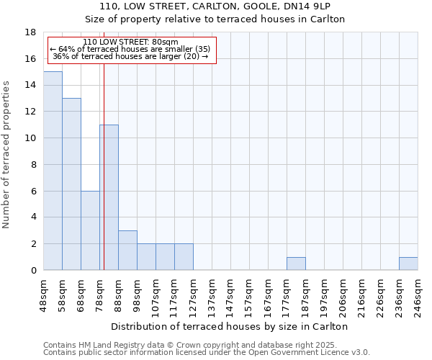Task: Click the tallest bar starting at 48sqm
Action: (53, 171)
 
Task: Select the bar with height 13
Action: (71, 184)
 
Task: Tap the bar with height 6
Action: (90, 230)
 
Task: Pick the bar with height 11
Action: (109, 197)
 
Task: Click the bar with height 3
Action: (127, 251)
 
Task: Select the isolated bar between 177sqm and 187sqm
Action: (296, 264)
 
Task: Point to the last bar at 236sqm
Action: (408, 264)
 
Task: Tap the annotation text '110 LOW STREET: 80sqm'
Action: (130, 42)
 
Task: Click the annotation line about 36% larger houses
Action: (130, 56)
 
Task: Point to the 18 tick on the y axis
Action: (30, 32)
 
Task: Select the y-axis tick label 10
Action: (30, 138)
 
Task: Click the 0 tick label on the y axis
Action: (33, 271)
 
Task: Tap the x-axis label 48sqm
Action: (44, 294)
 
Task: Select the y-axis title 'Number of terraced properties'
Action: (6, 154)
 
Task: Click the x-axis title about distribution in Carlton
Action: (230, 326)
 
